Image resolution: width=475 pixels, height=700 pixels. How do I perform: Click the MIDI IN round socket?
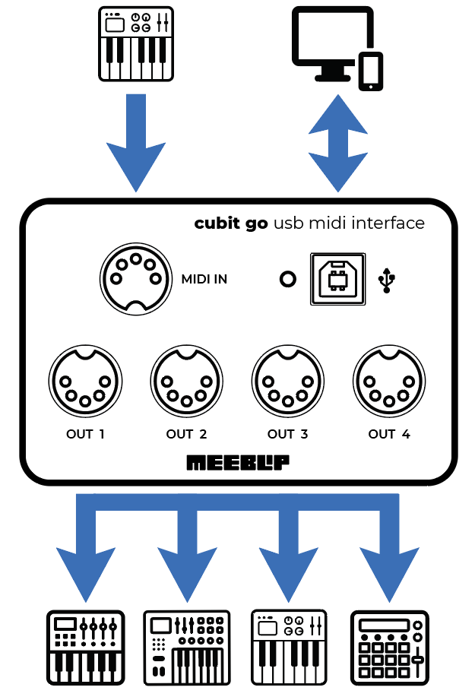coord(135,278)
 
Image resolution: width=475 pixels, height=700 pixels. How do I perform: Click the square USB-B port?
coord(337,279)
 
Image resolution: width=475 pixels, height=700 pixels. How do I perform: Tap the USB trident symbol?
coord(388,280)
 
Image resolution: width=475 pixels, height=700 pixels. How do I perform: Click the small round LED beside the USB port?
coord(287,280)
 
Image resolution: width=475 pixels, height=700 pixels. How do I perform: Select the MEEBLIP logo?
coord(237,462)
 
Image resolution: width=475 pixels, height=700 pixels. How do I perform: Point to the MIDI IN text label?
coord(204,280)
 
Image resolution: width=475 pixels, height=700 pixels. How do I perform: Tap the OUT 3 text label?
coord(287,435)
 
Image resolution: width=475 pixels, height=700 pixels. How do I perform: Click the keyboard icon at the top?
coord(137,43)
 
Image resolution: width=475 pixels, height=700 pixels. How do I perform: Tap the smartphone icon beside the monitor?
coord(370,71)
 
